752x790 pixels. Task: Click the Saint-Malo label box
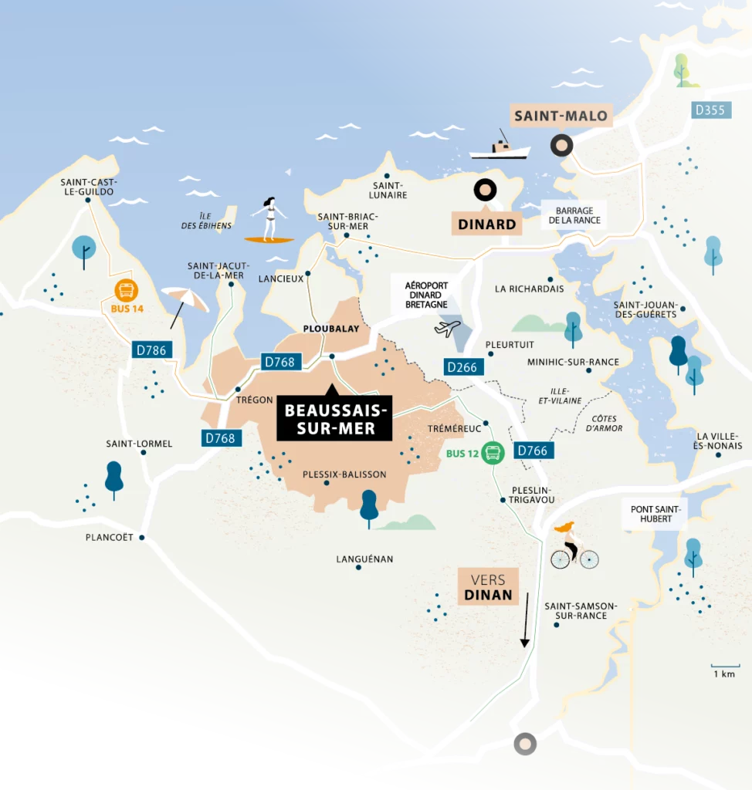click(561, 117)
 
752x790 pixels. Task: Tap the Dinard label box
click(486, 225)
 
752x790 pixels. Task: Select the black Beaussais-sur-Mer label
click(334, 418)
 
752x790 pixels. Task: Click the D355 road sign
click(710, 110)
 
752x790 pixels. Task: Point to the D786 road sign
click(151, 350)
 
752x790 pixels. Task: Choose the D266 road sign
click(462, 367)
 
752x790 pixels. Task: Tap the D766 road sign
click(531, 451)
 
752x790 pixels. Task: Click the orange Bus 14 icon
click(126, 291)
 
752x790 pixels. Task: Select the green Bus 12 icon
click(493, 453)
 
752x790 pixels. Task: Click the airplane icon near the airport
click(448, 328)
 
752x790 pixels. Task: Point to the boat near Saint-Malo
click(500, 148)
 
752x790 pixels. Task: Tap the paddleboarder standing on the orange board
click(269, 220)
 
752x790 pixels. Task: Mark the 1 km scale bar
click(725, 666)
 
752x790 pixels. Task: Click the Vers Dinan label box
click(488, 586)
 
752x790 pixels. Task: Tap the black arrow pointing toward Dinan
click(525, 620)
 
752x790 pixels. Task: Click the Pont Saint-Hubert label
click(651, 513)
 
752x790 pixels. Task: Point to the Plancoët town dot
click(142, 538)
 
